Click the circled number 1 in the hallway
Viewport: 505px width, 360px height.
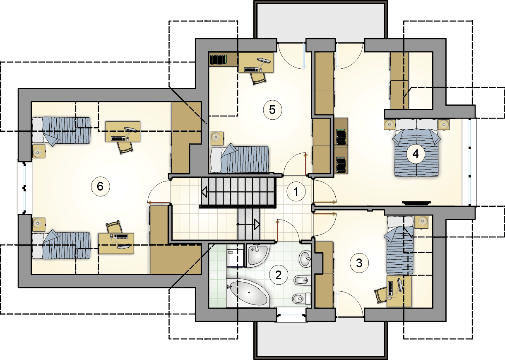click(x=296, y=192)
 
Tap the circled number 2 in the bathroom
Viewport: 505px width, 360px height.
click(x=279, y=275)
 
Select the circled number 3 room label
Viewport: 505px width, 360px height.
click(x=359, y=263)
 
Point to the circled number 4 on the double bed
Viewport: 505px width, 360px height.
click(x=416, y=154)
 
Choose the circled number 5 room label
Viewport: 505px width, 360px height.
click(x=272, y=110)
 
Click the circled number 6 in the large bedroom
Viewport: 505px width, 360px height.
click(x=100, y=186)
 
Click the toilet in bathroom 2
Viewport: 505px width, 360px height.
click(x=302, y=299)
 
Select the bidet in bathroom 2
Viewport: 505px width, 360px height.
click(x=302, y=280)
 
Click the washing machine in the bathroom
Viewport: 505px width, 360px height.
click(x=235, y=258)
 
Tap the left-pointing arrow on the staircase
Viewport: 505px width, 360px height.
click(x=205, y=192)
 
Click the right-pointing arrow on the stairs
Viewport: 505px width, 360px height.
click(x=257, y=225)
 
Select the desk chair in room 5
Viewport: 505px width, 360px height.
click(x=258, y=79)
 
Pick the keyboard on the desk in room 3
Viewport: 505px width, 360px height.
click(x=391, y=288)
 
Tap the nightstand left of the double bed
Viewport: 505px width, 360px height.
click(x=390, y=125)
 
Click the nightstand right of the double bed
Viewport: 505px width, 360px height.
click(x=444, y=125)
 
